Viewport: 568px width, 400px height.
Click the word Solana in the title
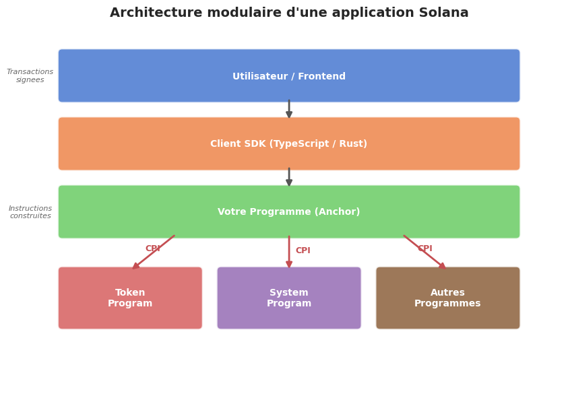pos(443,13)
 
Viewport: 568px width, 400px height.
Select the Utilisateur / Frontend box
pos(289,75)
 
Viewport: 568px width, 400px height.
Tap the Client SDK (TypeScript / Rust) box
pos(289,143)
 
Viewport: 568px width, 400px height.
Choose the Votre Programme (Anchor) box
pos(289,211)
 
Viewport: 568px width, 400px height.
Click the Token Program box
pos(130,298)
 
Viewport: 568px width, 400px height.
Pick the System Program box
pos(289,298)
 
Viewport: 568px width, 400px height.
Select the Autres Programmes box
pos(448,298)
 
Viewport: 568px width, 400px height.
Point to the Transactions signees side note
pos(30,76)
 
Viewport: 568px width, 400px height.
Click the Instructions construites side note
pos(30,212)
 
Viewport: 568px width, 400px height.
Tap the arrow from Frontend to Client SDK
pos(289,110)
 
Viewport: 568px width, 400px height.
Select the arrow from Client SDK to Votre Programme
pos(289,178)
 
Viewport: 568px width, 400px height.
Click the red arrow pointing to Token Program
pos(154,253)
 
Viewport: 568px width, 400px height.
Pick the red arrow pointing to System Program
pos(289,253)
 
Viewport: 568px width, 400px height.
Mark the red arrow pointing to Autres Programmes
pos(425,253)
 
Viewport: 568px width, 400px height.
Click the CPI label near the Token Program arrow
pos(153,248)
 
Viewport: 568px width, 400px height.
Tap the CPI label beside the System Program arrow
pos(303,251)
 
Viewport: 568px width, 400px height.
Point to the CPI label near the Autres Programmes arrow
pos(424,248)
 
